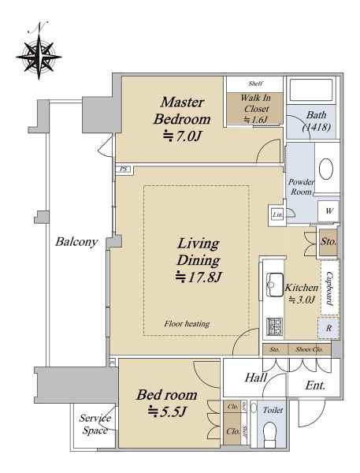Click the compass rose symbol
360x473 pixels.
[39, 56]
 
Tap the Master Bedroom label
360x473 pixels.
[182, 110]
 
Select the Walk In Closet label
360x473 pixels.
[256, 103]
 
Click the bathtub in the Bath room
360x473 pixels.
[311, 90]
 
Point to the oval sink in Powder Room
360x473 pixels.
[326, 169]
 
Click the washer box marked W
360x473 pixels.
[328, 210]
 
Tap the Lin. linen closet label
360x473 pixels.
[277, 214]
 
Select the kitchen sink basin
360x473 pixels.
[275, 285]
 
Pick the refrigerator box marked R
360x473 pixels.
[328, 328]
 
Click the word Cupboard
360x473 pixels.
[329, 289]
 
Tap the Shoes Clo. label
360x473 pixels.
[309, 349]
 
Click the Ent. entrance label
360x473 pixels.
[315, 385]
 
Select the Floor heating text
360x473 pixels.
[187, 324]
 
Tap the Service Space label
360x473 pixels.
[95, 424]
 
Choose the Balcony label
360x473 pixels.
[76, 242]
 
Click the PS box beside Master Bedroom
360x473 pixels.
[124, 169]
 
